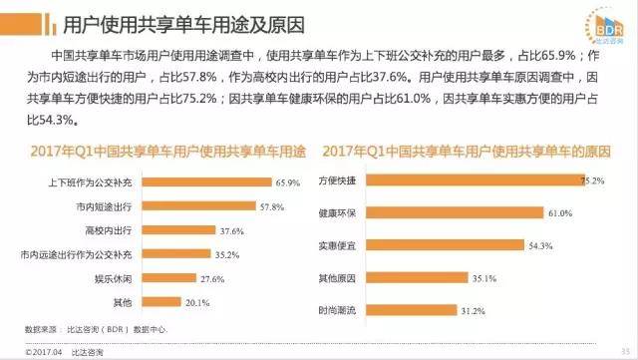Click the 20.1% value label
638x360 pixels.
click(x=199, y=302)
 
